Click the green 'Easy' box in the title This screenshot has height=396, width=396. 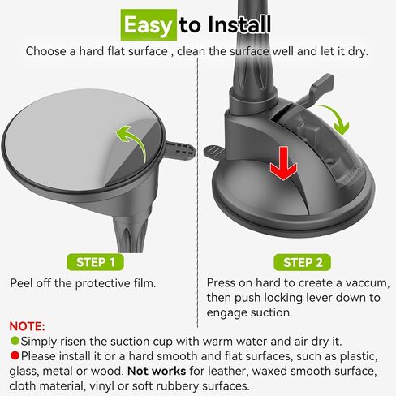click(x=148, y=25)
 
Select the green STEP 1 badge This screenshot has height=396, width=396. click(x=101, y=262)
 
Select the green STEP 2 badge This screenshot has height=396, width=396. click(x=303, y=262)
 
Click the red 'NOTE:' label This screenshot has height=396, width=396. click(x=26, y=325)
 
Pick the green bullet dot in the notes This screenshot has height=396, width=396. click(x=14, y=342)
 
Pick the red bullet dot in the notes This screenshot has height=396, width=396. click(x=14, y=357)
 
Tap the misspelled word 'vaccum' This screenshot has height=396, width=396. click(x=367, y=284)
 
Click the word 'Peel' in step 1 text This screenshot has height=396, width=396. click(x=24, y=284)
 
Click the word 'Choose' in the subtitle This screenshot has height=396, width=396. click(x=46, y=51)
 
